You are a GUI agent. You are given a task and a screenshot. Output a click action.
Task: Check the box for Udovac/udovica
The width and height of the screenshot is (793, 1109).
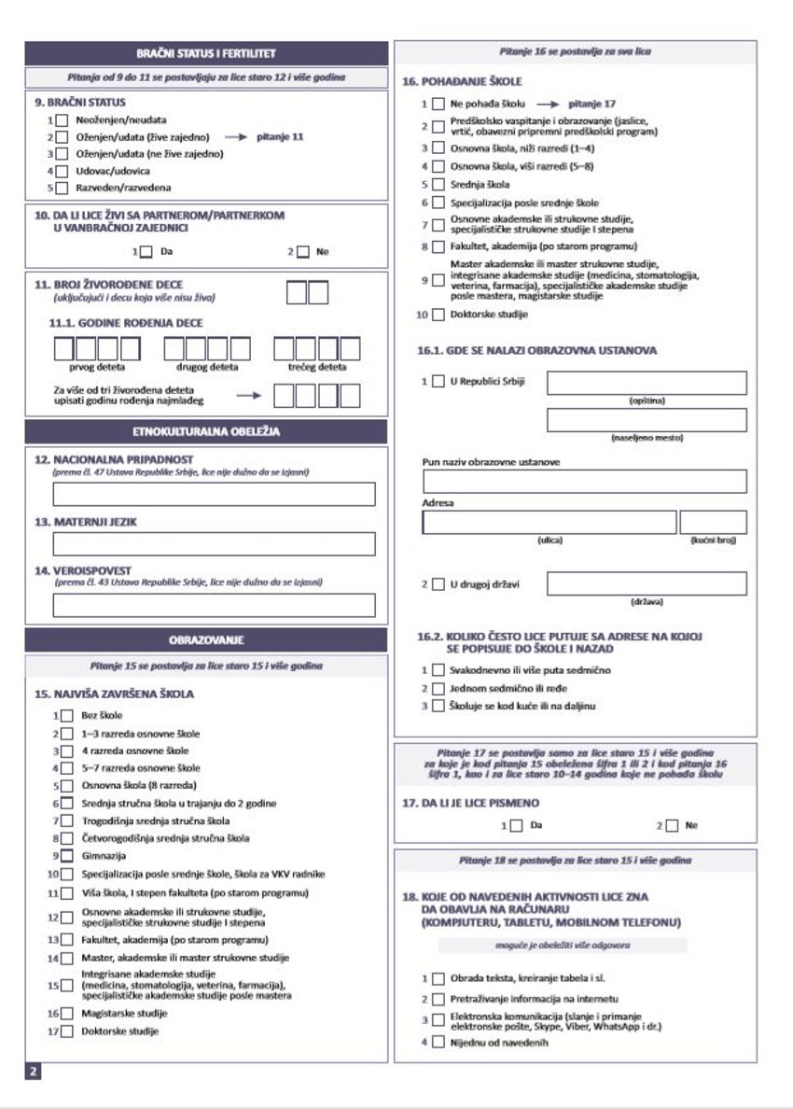pos(62,171)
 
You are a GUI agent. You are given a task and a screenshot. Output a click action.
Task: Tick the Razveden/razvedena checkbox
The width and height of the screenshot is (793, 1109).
pos(62,188)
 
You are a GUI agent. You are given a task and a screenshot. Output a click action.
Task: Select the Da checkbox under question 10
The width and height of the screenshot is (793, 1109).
pos(146,251)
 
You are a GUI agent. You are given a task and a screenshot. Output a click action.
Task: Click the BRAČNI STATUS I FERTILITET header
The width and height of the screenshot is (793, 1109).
pos(206,53)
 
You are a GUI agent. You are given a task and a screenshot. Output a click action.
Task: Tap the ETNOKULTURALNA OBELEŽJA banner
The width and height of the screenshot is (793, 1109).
pos(206,431)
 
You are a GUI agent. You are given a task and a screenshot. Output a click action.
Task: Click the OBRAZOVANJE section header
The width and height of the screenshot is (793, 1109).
pos(206,640)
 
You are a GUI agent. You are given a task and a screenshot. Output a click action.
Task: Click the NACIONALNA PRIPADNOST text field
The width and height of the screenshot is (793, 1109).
pos(214,494)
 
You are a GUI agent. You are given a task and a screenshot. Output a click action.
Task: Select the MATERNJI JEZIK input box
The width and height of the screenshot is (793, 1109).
pos(214,543)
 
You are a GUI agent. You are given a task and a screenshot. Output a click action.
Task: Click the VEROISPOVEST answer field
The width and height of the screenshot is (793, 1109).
pos(214,605)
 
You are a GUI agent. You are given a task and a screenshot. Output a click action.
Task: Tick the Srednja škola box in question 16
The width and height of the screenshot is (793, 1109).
pos(438,185)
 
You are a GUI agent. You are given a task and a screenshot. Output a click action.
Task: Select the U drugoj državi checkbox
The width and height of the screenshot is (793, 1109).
pos(438,584)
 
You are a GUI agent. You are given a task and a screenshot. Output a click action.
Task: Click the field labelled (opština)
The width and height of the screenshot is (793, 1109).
pos(647,383)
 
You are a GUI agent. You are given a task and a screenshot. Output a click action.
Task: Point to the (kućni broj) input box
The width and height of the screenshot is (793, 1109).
pos(713,522)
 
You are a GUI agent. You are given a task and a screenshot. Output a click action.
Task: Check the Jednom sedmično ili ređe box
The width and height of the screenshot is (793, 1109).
pos(438,688)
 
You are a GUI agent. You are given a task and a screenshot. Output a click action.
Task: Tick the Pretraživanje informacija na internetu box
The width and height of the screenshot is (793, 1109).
pos(438,999)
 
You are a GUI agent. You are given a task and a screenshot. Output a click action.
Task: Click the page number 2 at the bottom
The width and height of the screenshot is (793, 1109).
pos(33,1071)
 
